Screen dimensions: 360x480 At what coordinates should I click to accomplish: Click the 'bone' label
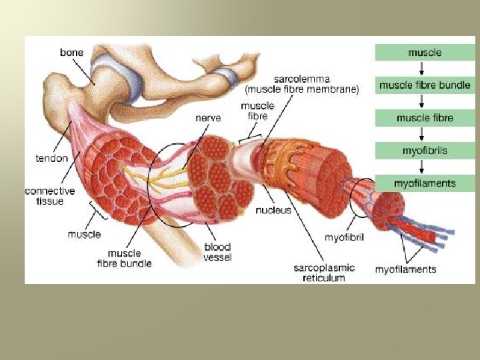click(72, 51)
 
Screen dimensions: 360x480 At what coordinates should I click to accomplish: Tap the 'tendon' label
click(51, 159)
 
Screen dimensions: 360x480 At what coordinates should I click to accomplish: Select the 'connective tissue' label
click(49, 196)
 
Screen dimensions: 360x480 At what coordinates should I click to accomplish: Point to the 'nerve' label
click(208, 117)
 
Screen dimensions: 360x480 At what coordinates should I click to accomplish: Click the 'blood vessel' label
click(217, 252)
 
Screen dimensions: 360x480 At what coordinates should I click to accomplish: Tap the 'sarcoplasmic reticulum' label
click(324, 273)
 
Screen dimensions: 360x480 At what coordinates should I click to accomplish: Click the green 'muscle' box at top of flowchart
click(425, 52)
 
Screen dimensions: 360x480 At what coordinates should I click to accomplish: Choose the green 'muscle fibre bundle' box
click(425, 85)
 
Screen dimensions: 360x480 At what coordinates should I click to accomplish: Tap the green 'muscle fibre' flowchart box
click(425, 118)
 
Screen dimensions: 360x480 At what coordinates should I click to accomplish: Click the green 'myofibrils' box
click(425, 151)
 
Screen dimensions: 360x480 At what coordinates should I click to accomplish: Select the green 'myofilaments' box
click(425, 183)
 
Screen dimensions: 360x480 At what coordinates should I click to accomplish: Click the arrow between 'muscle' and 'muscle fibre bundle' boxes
click(425, 69)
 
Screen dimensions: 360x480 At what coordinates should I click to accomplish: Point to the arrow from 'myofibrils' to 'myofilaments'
click(425, 167)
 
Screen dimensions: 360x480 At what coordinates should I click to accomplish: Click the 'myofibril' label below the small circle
click(344, 237)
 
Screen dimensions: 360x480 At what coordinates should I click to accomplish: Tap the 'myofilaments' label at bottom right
click(405, 269)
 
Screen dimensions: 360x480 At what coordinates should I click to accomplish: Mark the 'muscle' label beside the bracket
click(84, 234)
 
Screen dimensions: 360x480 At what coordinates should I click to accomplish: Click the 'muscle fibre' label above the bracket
click(254, 111)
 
